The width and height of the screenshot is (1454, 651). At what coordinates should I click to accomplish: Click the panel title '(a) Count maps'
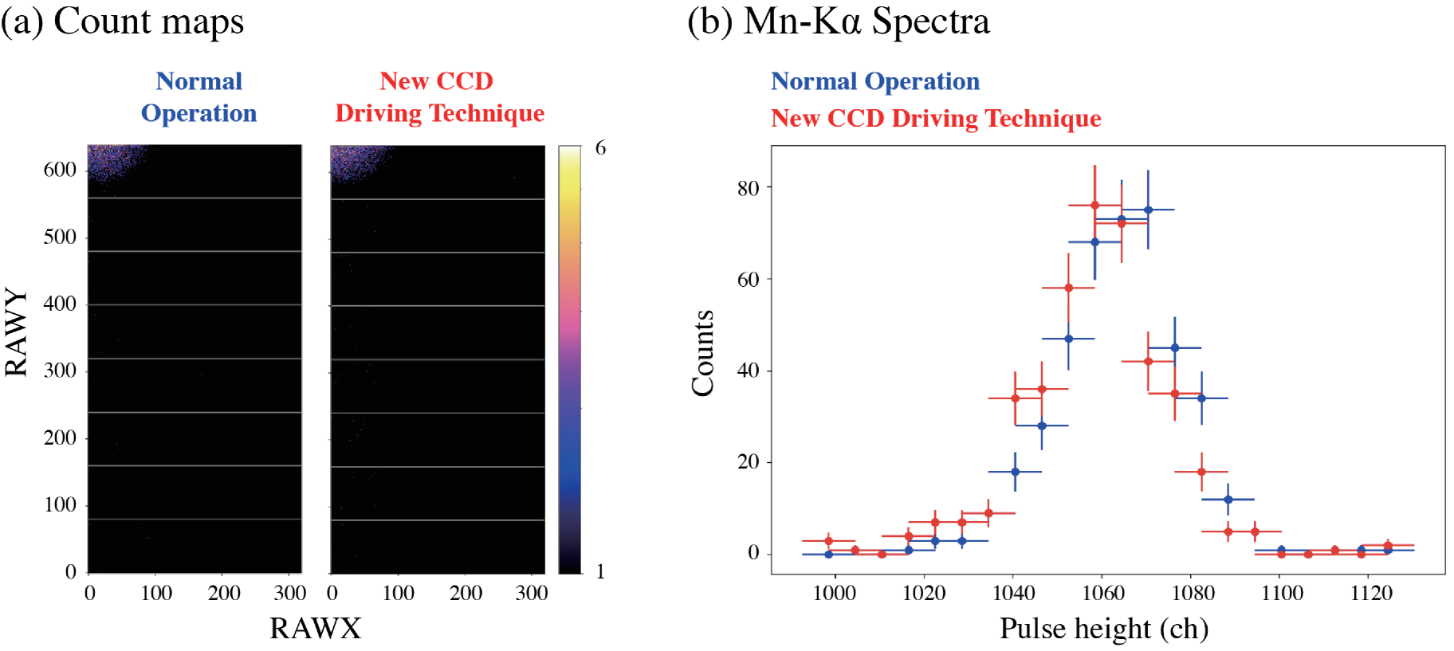click(x=122, y=22)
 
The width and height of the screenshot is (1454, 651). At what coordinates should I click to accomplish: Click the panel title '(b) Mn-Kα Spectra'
click(x=838, y=22)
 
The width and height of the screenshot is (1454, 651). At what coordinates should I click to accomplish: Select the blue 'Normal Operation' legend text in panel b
click(x=874, y=81)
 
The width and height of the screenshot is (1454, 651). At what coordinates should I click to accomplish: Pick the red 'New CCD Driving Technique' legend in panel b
click(x=935, y=119)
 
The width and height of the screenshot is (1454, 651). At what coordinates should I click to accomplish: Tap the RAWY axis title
click(x=17, y=331)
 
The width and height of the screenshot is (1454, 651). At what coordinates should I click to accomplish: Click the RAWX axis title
click(x=315, y=629)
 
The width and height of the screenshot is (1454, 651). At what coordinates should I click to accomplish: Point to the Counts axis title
click(x=702, y=353)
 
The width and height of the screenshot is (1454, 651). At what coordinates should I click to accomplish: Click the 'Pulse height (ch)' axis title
click(x=1104, y=629)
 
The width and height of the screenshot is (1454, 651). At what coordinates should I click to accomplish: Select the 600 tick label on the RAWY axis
click(x=60, y=170)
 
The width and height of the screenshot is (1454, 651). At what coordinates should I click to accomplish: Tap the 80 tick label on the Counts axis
click(x=748, y=189)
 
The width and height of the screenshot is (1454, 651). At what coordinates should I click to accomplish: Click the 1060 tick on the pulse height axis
click(x=1103, y=594)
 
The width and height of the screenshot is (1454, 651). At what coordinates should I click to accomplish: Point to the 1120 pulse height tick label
click(x=1371, y=594)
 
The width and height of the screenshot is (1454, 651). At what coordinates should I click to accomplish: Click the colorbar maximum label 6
click(x=600, y=148)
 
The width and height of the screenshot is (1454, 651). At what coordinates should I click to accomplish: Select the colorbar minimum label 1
click(x=600, y=571)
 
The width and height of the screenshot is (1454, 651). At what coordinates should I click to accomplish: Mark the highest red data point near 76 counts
click(x=1094, y=206)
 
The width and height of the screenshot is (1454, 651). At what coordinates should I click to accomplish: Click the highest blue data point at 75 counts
click(x=1148, y=210)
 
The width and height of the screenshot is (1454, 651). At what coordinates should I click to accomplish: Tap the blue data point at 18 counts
click(x=1015, y=472)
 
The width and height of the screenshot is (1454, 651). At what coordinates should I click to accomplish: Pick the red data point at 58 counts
click(x=1068, y=288)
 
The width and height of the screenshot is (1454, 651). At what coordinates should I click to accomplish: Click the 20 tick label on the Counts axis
click(x=748, y=462)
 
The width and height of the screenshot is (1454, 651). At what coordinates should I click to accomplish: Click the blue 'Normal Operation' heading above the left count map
click(x=198, y=97)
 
